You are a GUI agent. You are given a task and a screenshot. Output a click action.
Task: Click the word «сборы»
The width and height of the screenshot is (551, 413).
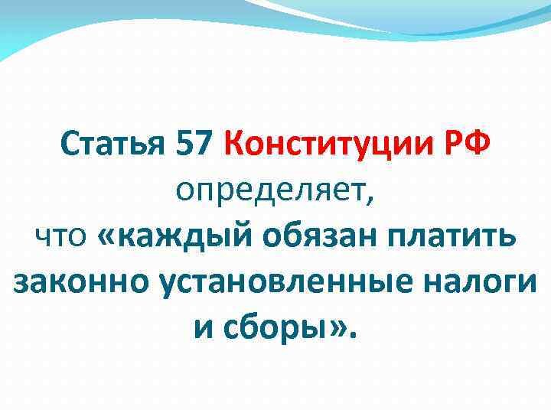278,330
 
